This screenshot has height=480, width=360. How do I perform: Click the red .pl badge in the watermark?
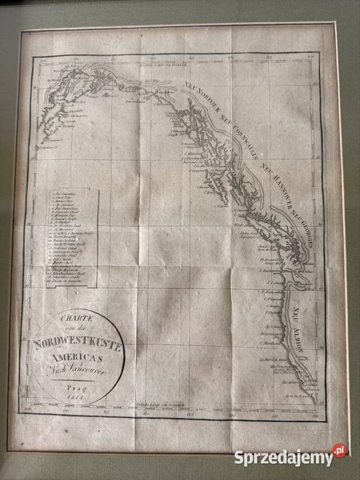(341, 452)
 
